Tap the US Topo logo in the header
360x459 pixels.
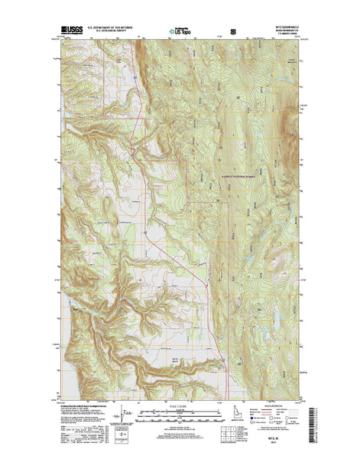tap(181, 34)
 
